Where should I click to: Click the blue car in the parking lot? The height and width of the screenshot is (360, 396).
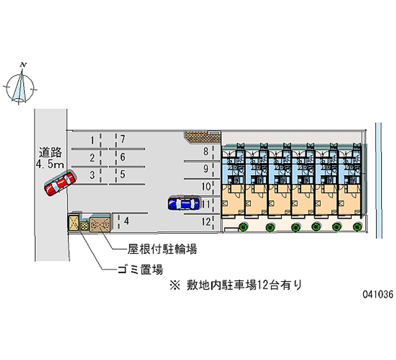184,204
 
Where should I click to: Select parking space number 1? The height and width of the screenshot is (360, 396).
92,140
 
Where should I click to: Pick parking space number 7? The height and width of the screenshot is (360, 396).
122,140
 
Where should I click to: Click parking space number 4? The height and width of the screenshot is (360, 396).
127,221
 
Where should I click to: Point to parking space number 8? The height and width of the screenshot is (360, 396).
205,152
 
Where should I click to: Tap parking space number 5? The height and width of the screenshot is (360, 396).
122,174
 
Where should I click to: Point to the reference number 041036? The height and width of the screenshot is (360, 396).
377,294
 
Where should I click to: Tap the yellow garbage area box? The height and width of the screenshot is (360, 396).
74,223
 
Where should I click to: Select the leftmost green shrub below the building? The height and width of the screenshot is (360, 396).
244,227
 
